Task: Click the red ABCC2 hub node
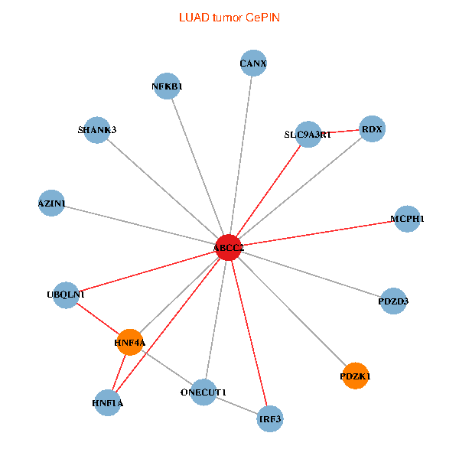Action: click(x=228, y=248)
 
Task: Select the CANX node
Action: click(x=253, y=63)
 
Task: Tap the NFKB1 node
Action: click(x=168, y=86)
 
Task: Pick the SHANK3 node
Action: click(x=97, y=130)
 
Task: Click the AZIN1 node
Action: click(x=51, y=203)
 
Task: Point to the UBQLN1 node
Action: click(x=66, y=295)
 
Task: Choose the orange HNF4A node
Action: click(x=129, y=343)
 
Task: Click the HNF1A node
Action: click(x=108, y=402)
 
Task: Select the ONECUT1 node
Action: click(x=203, y=392)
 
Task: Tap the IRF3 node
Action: click(x=270, y=419)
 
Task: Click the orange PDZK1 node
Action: click(x=355, y=376)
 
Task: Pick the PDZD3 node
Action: click(x=393, y=301)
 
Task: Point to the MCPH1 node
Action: click(x=407, y=220)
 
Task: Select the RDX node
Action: click(x=372, y=129)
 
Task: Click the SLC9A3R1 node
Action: click(x=308, y=135)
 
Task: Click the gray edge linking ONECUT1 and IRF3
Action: click(x=237, y=406)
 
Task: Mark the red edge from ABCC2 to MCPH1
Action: click(x=317, y=233)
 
